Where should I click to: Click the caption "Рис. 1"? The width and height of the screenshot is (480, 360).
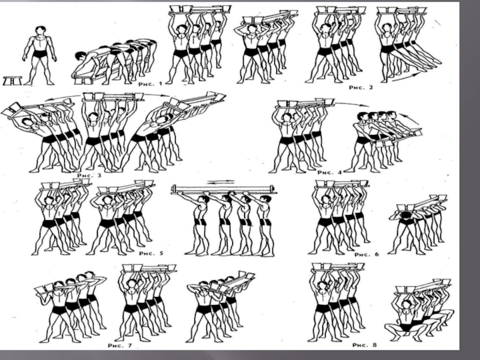(x=150, y=83)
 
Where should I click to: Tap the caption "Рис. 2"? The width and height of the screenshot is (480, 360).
(x=361, y=88)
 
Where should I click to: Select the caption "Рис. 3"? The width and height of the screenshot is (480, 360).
(x=89, y=175)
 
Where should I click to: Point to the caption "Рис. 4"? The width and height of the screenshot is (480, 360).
(x=329, y=173)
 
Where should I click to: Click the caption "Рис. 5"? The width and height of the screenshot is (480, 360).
(x=151, y=253)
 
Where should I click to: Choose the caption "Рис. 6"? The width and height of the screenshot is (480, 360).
(x=367, y=254)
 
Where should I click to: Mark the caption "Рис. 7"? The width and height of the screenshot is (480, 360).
(x=119, y=346)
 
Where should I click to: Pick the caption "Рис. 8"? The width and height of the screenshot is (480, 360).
(x=365, y=345)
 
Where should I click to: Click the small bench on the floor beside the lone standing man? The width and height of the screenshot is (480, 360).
(x=13, y=81)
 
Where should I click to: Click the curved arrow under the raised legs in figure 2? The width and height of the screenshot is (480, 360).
(x=405, y=77)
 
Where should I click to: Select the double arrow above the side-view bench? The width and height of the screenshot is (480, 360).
(x=221, y=182)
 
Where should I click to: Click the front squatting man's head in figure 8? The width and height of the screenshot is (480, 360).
(x=407, y=305)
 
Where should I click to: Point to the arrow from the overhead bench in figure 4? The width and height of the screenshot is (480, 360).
(x=352, y=103)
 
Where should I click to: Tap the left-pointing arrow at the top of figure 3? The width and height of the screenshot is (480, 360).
(x=63, y=98)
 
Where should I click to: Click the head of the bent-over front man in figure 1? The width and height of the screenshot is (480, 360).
(x=80, y=56)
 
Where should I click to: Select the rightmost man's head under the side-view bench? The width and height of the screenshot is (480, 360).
(x=266, y=200)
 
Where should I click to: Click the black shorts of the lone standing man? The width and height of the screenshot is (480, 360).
(x=40, y=55)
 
